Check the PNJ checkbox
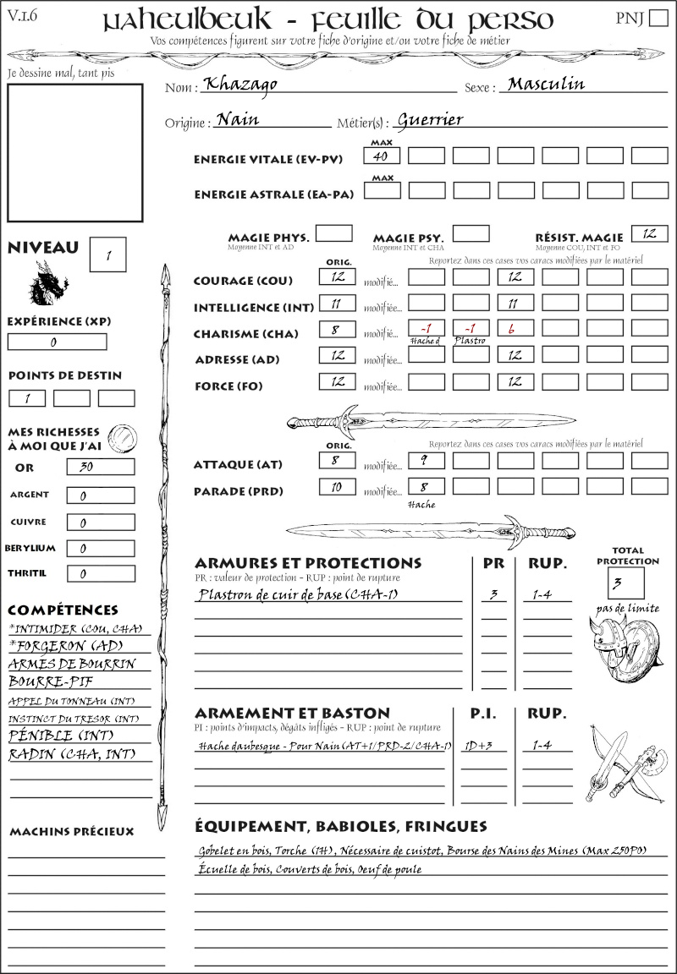click(657, 19)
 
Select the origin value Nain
click(238, 119)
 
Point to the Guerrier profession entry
click(430, 119)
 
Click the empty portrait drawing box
click(74, 152)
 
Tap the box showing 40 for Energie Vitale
click(382, 156)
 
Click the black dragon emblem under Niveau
click(48, 282)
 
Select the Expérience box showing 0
click(57, 342)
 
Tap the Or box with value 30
click(100, 467)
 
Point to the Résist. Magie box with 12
click(649, 233)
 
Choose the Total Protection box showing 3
click(626, 583)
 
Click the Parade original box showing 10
click(337, 487)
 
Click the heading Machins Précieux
click(72, 832)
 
